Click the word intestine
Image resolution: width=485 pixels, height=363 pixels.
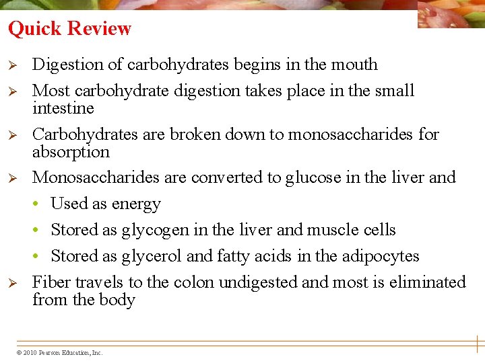(x=63, y=108)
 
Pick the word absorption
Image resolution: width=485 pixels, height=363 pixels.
(x=71, y=152)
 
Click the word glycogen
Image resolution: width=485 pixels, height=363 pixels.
(x=155, y=231)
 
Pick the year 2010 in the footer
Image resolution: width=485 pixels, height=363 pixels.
(x=30, y=352)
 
